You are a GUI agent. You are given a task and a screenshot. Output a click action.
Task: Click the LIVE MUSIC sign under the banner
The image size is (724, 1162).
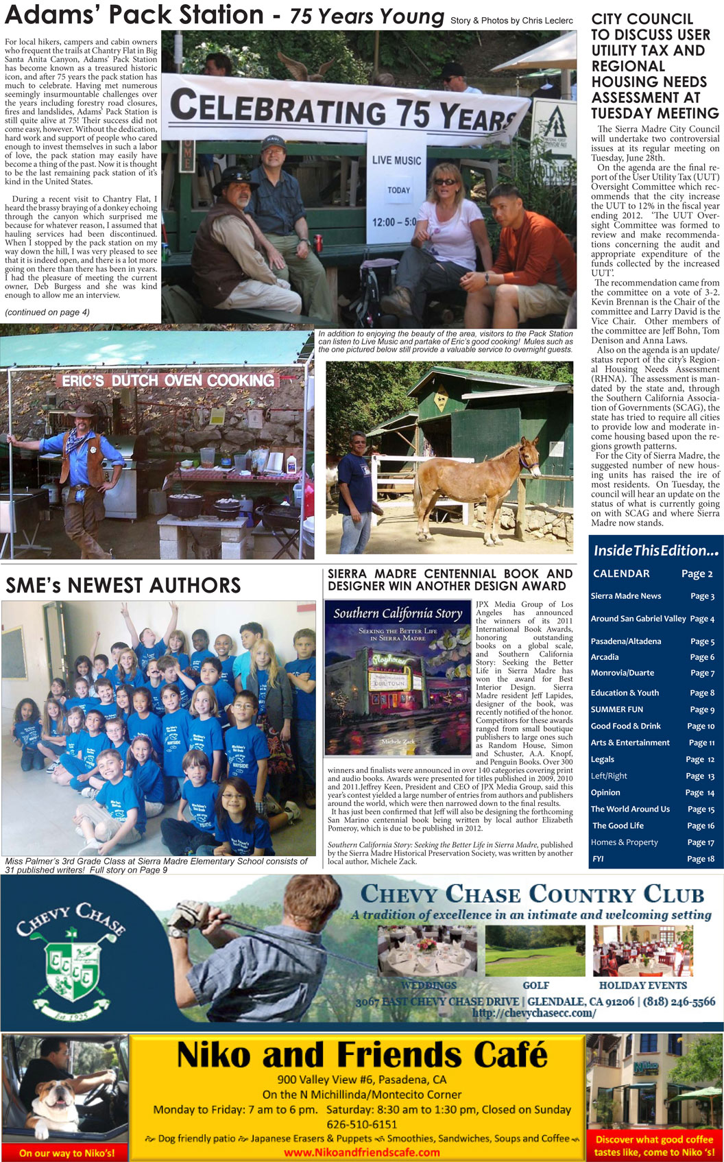pyautogui.click(x=396, y=161)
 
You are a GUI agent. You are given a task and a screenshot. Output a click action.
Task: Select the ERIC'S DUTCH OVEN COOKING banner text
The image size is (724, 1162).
pyautogui.click(x=168, y=381)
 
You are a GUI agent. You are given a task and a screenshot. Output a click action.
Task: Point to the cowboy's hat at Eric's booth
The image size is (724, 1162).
pyautogui.click(x=84, y=412)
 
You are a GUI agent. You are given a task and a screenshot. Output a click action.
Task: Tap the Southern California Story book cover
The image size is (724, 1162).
pyautogui.click(x=398, y=678)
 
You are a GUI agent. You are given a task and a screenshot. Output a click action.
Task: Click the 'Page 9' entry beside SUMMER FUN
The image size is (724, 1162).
pyautogui.click(x=701, y=709)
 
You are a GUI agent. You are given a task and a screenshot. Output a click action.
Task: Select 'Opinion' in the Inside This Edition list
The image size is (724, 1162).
pyautogui.click(x=605, y=792)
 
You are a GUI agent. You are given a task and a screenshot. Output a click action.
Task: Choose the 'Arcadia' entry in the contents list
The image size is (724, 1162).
pyautogui.click(x=605, y=657)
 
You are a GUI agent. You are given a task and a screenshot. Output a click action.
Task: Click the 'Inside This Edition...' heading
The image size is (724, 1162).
pyautogui.click(x=655, y=550)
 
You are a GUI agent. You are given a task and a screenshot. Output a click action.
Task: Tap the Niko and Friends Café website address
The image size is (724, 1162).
pyautogui.click(x=361, y=1152)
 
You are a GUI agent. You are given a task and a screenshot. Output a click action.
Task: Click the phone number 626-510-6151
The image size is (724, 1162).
pyautogui.click(x=361, y=1124)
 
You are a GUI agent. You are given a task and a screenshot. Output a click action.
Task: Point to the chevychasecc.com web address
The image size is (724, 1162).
pyautogui.click(x=533, y=1013)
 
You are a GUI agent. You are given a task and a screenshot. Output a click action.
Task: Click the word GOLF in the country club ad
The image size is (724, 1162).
pyautogui.click(x=535, y=985)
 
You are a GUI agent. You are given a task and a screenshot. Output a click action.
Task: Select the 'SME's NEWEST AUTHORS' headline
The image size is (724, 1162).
pyautogui.click(x=123, y=585)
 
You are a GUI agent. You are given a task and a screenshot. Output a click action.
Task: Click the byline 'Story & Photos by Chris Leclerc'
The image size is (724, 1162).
pyautogui.click(x=511, y=21)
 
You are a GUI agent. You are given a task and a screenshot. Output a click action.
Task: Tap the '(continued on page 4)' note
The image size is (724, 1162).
pyautogui.click(x=47, y=313)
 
